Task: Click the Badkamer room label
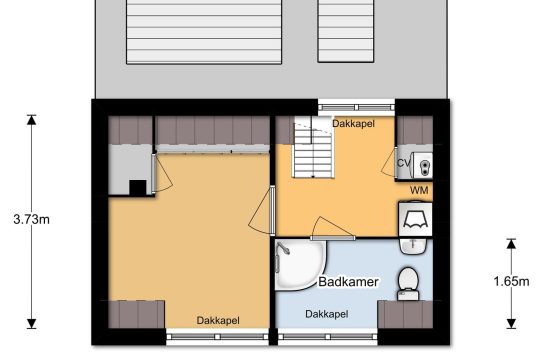pos(349,282)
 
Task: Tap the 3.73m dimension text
pos(31,219)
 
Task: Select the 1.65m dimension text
pos(511,282)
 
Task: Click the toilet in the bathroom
pos(408,284)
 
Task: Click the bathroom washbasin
pos(413,246)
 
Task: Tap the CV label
pos(404,163)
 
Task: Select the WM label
pos(419,190)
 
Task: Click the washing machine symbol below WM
pos(415,219)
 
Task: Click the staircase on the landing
pos(313,147)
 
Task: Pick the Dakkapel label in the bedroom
pos(218,320)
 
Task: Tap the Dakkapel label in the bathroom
pos(327,314)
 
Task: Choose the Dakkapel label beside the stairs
pos(353,124)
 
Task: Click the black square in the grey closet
pos(137,188)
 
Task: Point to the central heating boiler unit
pos(423,165)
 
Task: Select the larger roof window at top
pos(204,32)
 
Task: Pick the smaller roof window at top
pos(346,31)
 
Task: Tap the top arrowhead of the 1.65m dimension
pos(511,244)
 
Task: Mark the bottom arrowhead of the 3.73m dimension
pos(32,323)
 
